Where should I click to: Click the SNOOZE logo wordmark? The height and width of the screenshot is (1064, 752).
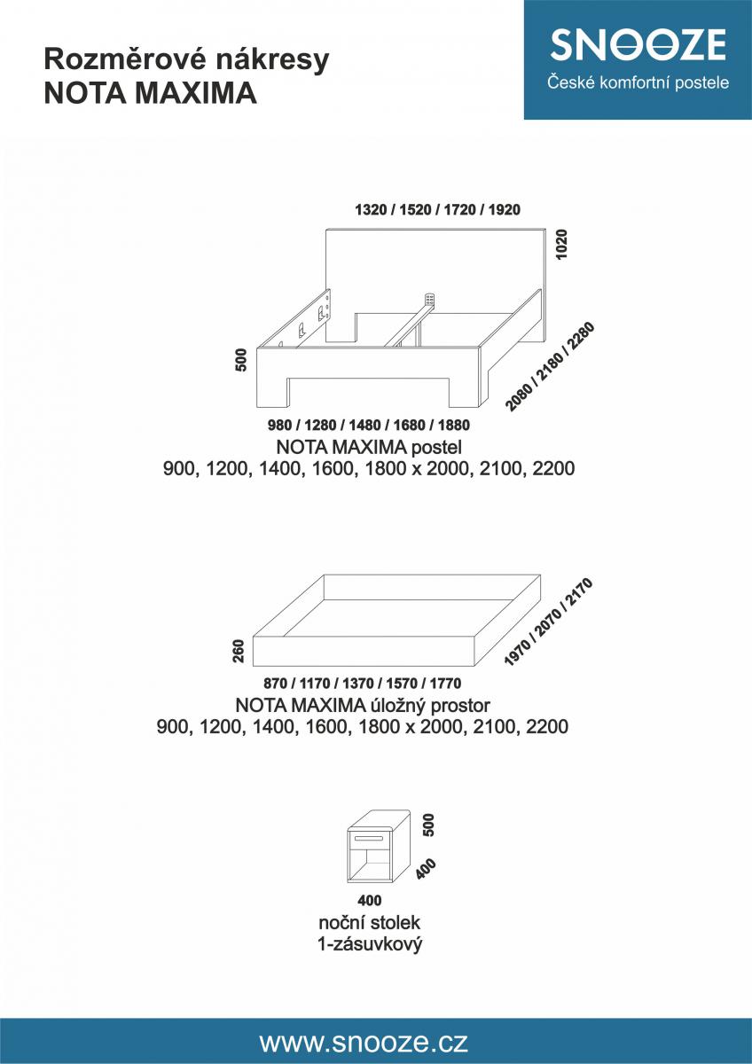pos(638,44)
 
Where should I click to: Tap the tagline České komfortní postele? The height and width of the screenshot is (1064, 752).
pos(638,82)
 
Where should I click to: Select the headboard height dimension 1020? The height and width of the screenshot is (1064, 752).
pos(561,244)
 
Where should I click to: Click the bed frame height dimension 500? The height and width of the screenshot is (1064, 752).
pos(241,360)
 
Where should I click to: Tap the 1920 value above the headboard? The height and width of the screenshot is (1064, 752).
pos(504,209)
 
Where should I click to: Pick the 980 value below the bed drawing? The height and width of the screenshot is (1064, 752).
pos(279,425)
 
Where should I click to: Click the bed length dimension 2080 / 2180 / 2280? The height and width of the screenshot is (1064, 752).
pos(550,366)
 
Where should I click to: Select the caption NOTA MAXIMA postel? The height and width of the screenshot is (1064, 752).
pos(369,447)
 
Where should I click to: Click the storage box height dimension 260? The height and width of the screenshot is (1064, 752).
pos(239,651)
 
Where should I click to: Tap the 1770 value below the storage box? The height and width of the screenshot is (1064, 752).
pos(445,683)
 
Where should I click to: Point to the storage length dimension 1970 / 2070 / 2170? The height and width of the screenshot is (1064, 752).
pos(548,622)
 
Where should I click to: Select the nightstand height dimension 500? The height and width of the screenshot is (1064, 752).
pos(428,825)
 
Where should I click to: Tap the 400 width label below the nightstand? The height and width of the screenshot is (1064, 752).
pos(370,900)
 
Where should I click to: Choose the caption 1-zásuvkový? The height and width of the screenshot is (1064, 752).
pos(370,944)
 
